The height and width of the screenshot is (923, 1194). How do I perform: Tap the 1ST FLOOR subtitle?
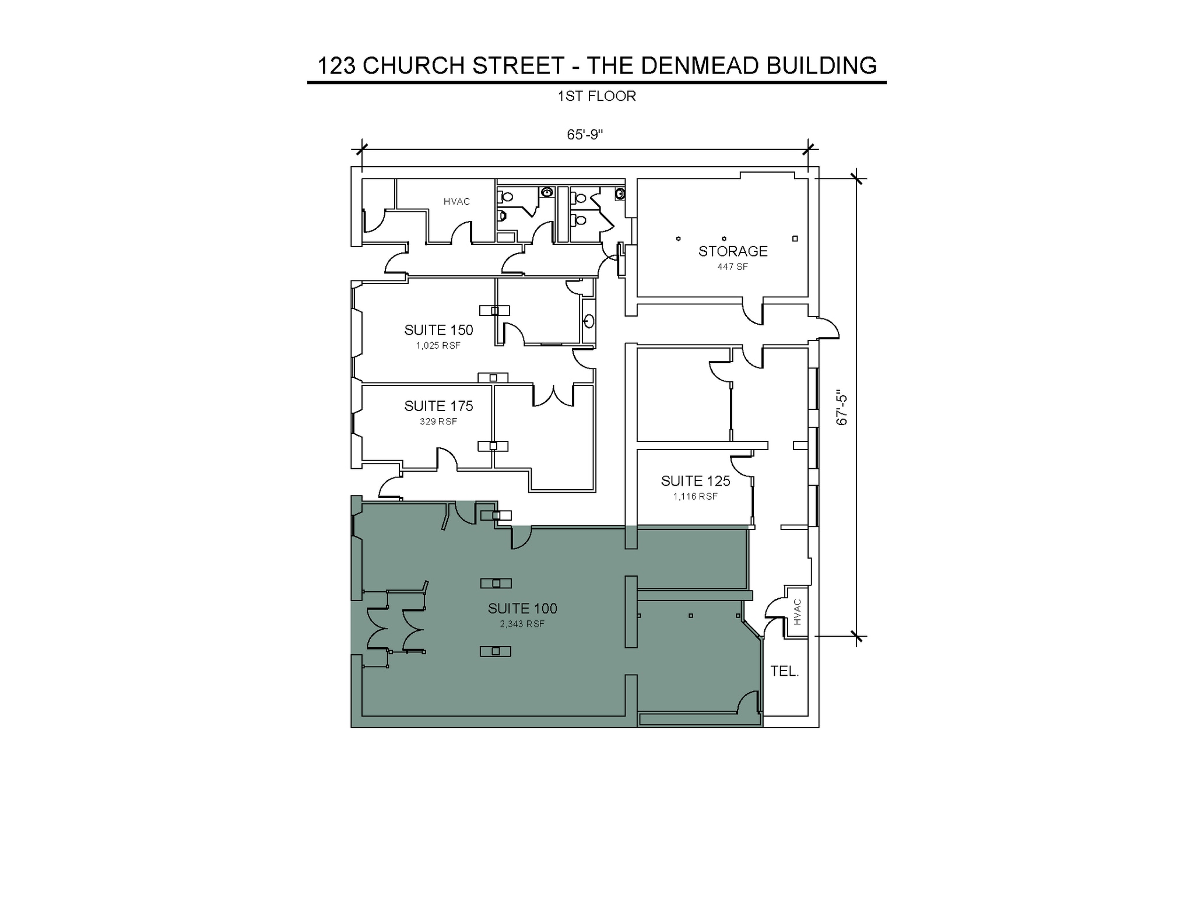click(596, 96)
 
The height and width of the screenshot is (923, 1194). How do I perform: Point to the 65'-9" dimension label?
click(585, 135)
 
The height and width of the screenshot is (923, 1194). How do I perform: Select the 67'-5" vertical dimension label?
click(842, 407)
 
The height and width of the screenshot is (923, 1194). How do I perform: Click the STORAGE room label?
click(733, 251)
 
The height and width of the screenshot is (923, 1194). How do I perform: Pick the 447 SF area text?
click(733, 267)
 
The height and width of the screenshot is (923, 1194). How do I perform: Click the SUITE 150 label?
click(438, 330)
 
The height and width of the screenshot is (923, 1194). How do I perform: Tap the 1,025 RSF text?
click(438, 346)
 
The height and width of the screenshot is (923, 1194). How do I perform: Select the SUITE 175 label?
click(438, 406)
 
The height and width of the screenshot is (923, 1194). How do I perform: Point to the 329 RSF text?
click(438, 422)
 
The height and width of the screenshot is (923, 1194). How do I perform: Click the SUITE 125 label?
click(696, 481)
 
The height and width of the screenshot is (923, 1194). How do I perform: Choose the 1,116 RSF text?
click(696, 497)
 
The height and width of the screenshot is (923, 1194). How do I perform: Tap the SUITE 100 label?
click(522, 609)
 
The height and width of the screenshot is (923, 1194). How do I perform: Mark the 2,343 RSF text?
click(522, 624)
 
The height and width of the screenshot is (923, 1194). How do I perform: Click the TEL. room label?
click(785, 671)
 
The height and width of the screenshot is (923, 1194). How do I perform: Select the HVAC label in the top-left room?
click(456, 202)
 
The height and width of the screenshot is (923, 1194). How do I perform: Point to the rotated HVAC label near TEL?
click(798, 612)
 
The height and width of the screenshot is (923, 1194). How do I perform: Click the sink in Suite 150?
click(589, 321)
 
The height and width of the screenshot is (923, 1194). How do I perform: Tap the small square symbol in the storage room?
click(795, 238)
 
